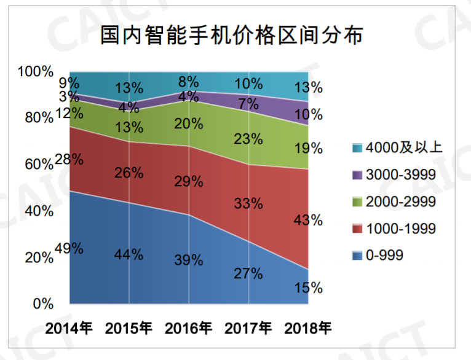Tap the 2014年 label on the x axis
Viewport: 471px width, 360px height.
(69, 327)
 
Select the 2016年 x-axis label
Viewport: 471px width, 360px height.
(189, 327)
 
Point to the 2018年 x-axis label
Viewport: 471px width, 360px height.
(308, 327)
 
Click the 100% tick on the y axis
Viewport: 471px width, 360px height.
(36, 72)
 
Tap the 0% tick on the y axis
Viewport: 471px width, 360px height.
(42, 304)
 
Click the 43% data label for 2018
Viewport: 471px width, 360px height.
(308, 219)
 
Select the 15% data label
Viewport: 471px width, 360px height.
(308, 287)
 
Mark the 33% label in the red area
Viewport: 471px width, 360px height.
(248, 203)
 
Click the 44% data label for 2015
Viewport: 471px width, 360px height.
(129, 254)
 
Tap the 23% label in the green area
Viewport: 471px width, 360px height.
(248, 139)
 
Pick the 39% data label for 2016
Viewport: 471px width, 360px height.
(189, 260)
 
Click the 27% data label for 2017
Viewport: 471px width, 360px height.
(248, 273)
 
